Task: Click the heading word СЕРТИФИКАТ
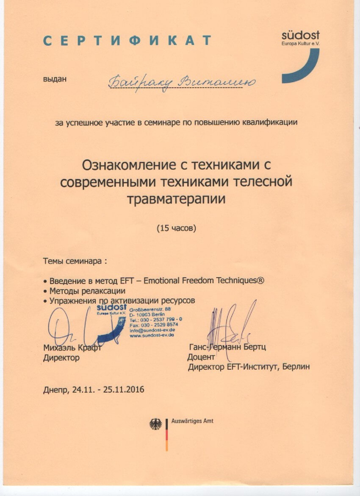pyautogui.click(x=127, y=41)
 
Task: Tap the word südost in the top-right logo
pyautogui.click(x=300, y=35)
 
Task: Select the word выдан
pyautogui.click(x=55, y=79)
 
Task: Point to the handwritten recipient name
pyautogui.click(x=182, y=81)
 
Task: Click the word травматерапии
pyautogui.click(x=176, y=199)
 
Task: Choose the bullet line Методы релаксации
pyautogui.click(x=87, y=291)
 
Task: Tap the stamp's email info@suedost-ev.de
pyautogui.click(x=152, y=329)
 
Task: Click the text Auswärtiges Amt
pyautogui.click(x=192, y=421)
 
